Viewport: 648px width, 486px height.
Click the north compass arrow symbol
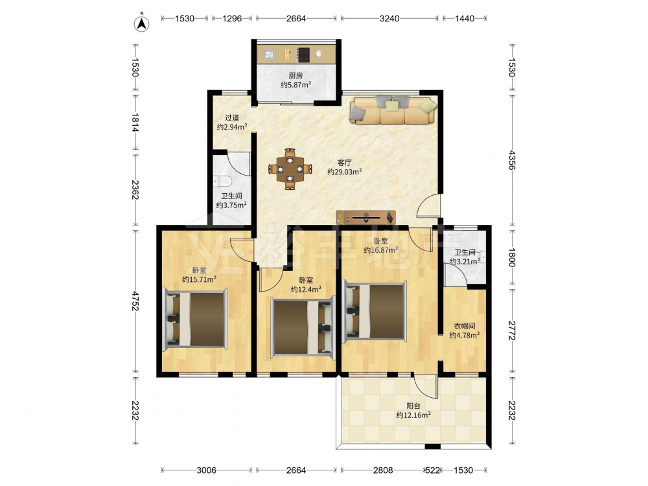(x=142, y=23)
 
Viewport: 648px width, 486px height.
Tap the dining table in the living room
(x=290, y=169)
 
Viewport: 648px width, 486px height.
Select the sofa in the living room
(x=393, y=110)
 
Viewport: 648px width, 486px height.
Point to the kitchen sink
(x=269, y=54)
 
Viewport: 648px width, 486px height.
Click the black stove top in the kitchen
(x=304, y=54)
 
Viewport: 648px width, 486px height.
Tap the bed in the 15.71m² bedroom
(x=196, y=319)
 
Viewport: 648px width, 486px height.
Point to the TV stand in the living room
(x=365, y=217)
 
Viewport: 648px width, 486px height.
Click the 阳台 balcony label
(x=413, y=406)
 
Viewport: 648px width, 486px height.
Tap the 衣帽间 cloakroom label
(x=465, y=326)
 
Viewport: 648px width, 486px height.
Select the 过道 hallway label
(x=232, y=118)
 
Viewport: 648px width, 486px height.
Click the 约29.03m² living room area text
(x=345, y=172)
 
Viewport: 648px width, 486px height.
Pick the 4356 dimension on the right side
(x=512, y=160)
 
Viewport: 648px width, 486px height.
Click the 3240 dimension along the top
(x=389, y=18)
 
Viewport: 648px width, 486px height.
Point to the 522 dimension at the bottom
(x=432, y=470)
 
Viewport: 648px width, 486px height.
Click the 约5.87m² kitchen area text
(x=296, y=85)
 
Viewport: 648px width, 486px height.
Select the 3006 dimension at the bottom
(x=206, y=470)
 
